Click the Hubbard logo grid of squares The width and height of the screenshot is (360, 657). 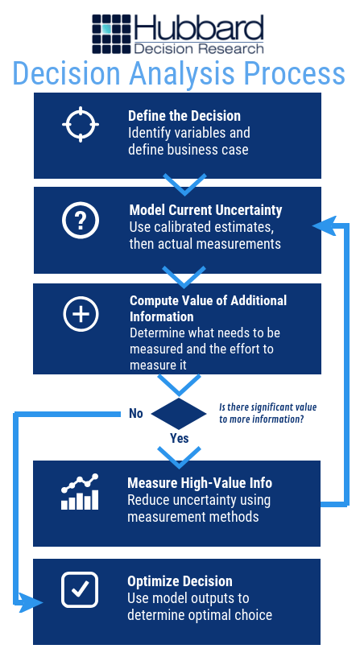[x=112, y=34]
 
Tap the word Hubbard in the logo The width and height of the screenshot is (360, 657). [x=199, y=27]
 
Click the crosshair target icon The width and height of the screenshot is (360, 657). [x=81, y=125]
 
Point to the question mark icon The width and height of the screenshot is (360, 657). [x=81, y=221]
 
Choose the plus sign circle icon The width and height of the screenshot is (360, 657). [x=81, y=314]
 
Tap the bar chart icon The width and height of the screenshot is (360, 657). [x=80, y=492]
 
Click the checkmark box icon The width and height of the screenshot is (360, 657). [x=80, y=589]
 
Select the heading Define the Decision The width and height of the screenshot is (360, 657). [x=184, y=116]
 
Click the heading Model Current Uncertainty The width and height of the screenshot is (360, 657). [x=205, y=209]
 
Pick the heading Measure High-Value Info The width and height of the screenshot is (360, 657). [x=200, y=483]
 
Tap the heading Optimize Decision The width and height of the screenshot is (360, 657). [x=180, y=581]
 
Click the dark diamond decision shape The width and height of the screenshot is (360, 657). [x=179, y=414]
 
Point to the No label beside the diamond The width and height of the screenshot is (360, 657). [x=136, y=414]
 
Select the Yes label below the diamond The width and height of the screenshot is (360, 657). [x=180, y=438]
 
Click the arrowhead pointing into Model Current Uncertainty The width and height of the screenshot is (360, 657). [x=324, y=225]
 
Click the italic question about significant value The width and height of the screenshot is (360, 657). [x=268, y=413]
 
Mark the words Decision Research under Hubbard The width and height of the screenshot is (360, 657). [x=199, y=48]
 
